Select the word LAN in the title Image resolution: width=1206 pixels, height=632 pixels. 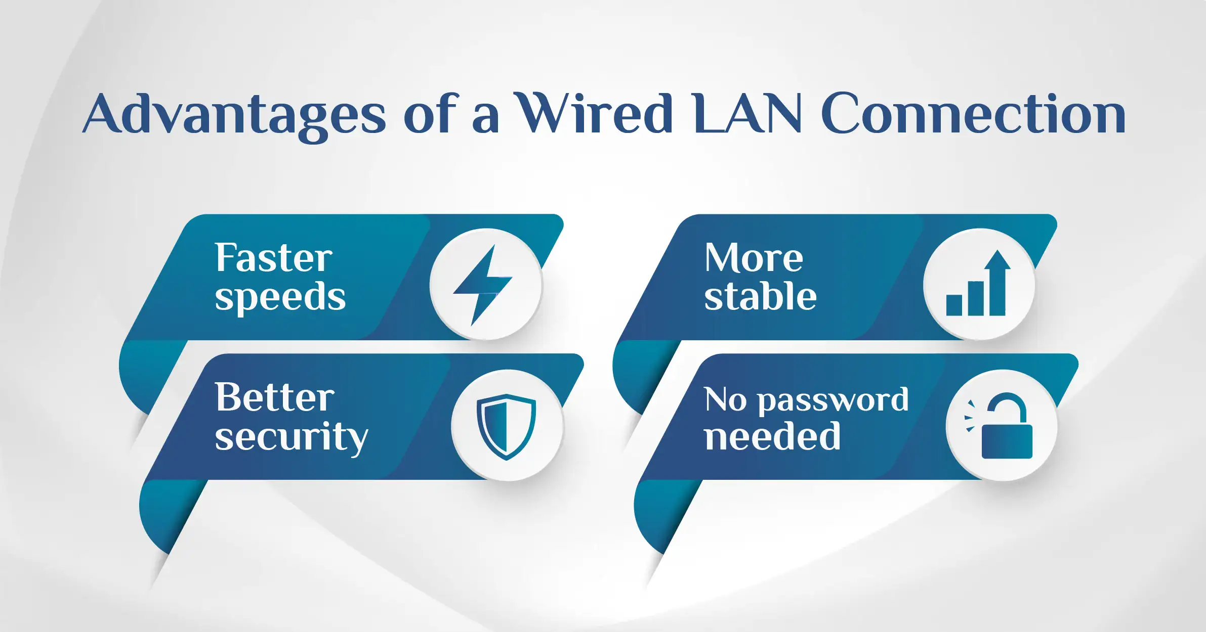click(x=748, y=113)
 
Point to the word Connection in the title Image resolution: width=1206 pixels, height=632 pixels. click(x=973, y=113)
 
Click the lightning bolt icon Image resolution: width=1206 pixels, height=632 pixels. click(x=482, y=285)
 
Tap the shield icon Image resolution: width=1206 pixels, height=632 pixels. click(x=506, y=427)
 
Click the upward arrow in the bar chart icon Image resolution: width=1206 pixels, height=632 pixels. click(x=997, y=282)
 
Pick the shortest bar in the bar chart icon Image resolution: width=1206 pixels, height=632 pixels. click(x=954, y=305)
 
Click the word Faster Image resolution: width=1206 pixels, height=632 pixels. click(x=273, y=257)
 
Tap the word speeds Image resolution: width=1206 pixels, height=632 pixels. click(x=280, y=298)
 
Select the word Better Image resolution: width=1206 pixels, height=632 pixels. click(x=274, y=397)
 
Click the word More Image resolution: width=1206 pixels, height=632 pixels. click(x=754, y=257)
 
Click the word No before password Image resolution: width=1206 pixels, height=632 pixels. click(x=725, y=399)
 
